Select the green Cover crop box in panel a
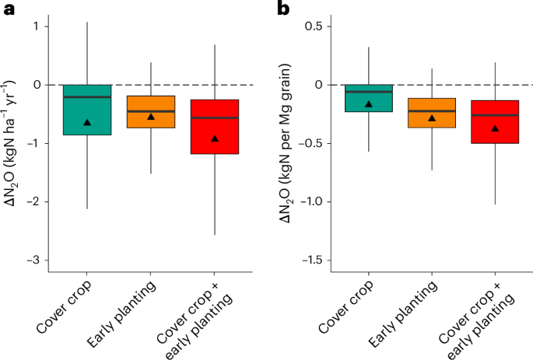tap(87, 110)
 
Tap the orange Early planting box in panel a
tap(151, 111)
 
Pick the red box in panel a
tap(215, 127)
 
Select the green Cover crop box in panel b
tap(369, 98)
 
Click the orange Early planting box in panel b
tap(432, 113)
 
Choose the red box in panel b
tap(495, 121)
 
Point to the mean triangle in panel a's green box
tap(87, 122)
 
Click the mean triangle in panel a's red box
tap(215, 138)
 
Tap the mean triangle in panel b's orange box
tap(432, 118)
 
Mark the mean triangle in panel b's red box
tap(495, 128)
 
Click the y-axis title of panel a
tap(16, 143)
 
